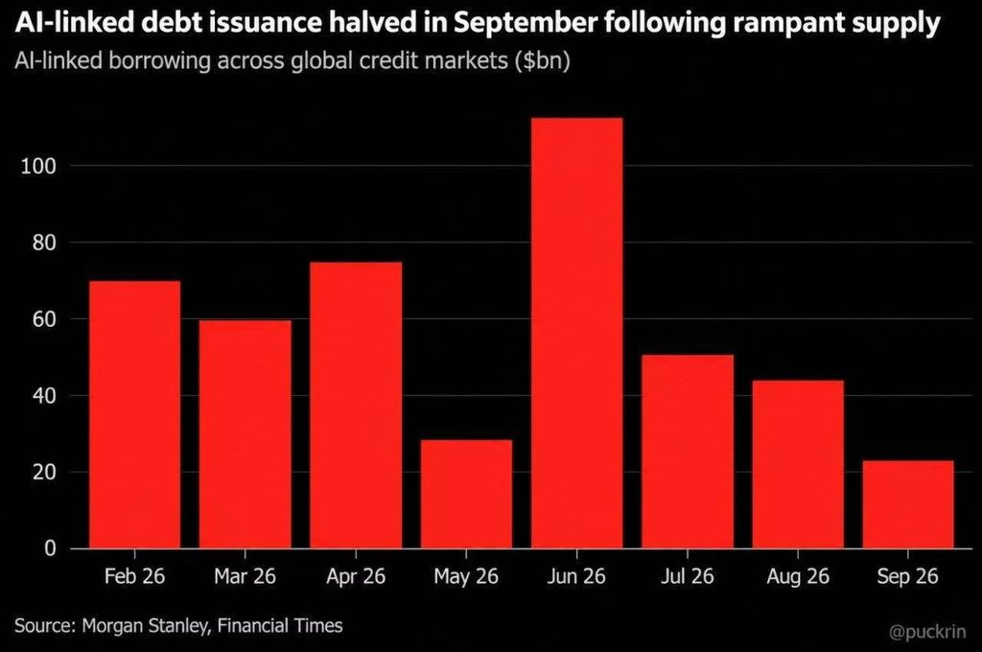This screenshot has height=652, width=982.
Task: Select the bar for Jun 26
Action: (x=576, y=334)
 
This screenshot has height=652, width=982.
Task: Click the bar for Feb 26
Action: (x=134, y=414)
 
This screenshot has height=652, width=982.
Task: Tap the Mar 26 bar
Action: (x=245, y=434)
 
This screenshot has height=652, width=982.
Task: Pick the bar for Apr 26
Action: (x=356, y=406)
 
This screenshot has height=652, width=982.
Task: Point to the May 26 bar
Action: (x=466, y=494)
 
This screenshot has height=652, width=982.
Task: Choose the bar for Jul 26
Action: (x=687, y=452)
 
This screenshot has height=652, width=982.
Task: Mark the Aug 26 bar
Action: (x=798, y=464)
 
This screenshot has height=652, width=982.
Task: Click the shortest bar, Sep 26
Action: (x=908, y=504)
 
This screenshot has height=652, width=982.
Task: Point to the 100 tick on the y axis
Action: (x=38, y=167)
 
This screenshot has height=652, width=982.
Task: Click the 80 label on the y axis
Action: (x=44, y=243)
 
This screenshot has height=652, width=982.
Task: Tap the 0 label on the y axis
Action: (x=51, y=548)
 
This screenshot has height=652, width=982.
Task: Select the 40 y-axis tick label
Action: (x=44, y=396)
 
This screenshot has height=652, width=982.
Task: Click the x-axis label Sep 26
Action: (x=908, y=576)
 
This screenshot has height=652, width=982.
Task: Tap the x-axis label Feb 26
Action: (x=134, y=576)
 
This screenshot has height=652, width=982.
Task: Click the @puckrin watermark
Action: (x=927, y=632)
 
